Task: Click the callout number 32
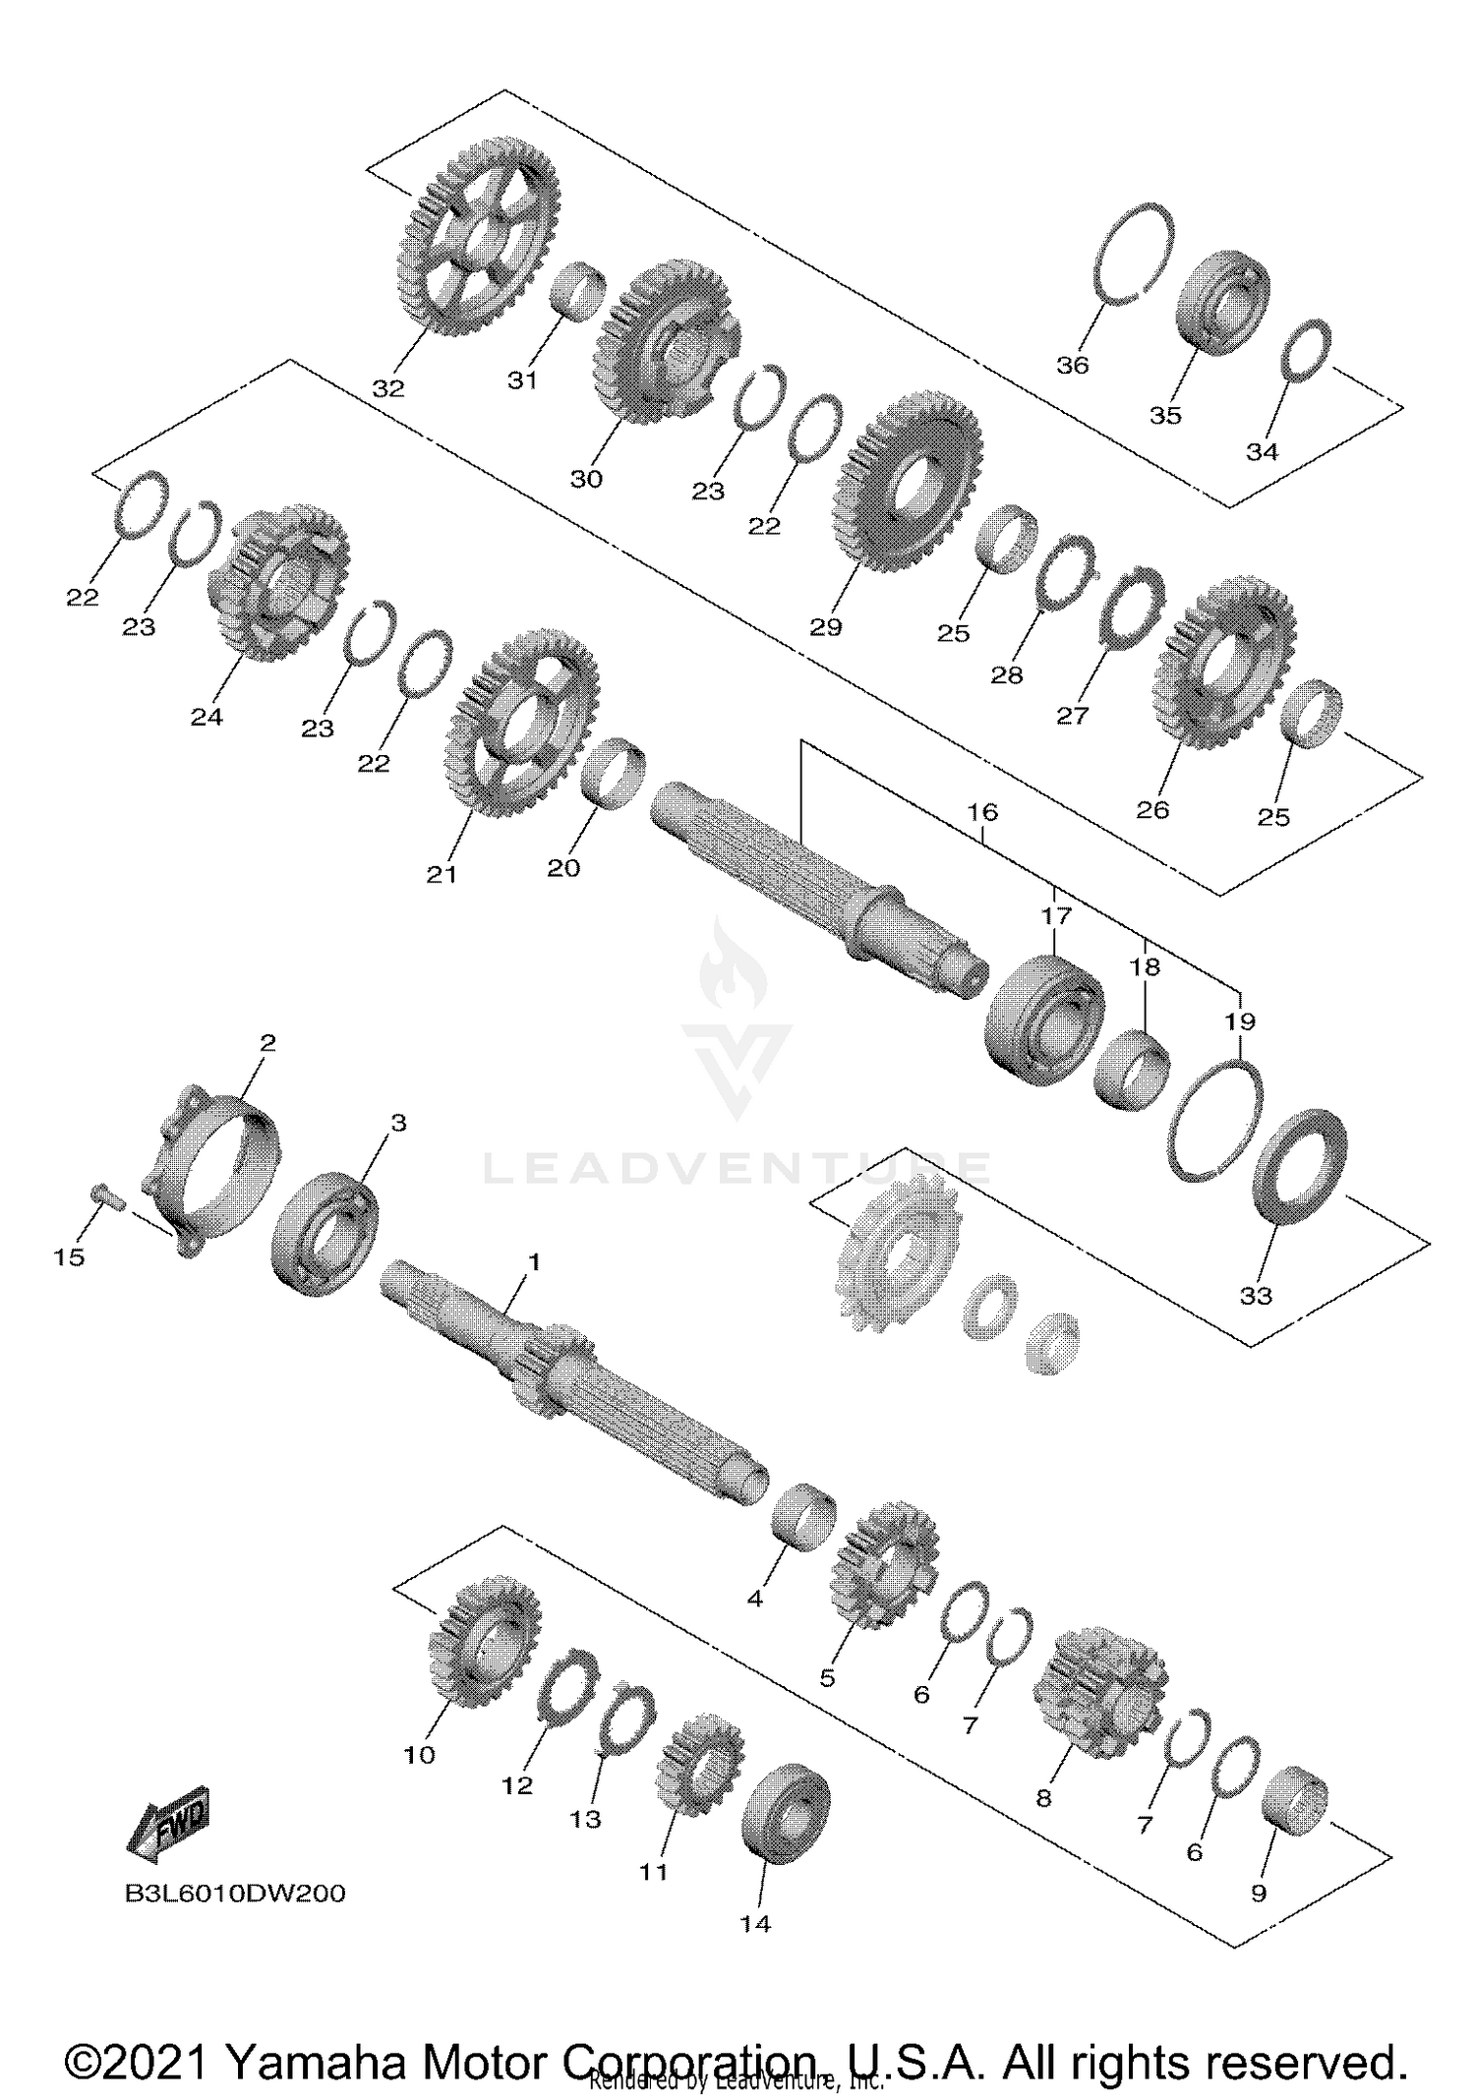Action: click(x=388, y=388)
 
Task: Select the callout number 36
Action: click(x=1073, y=365)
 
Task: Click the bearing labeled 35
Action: click(x=1224, y=302)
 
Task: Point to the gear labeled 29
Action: click(x=907, y=482)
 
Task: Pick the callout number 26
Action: click(x=1152, y=809)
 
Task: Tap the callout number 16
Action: click(x=982, y=812)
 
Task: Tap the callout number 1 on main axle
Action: click(x=534, y=1261)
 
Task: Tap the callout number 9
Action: click(x=1259, y=1894)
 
